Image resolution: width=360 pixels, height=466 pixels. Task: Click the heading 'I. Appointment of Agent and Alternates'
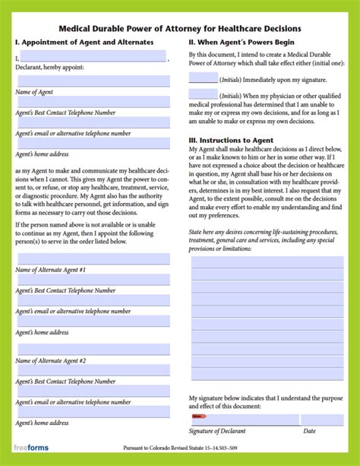[84, 42]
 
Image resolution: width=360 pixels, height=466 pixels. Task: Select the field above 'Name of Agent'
[93, 81]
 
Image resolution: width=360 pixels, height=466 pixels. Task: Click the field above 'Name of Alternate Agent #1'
[93, 259]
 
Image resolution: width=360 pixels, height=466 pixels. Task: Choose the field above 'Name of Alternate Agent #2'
[93, 350]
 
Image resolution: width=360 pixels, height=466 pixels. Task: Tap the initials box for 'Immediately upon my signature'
[203, 78]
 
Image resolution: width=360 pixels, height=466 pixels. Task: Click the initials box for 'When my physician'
[203, 96]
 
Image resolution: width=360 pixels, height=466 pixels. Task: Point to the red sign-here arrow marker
[199, 417]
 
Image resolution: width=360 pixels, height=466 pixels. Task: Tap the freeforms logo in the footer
[31, 448]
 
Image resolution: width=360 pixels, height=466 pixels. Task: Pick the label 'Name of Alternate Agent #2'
[51, 360]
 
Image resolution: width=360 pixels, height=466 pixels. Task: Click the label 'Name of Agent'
[35, 91]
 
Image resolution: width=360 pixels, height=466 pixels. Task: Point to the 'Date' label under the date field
[310, 432]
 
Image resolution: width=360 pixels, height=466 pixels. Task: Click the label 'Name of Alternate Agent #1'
[51, 270]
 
